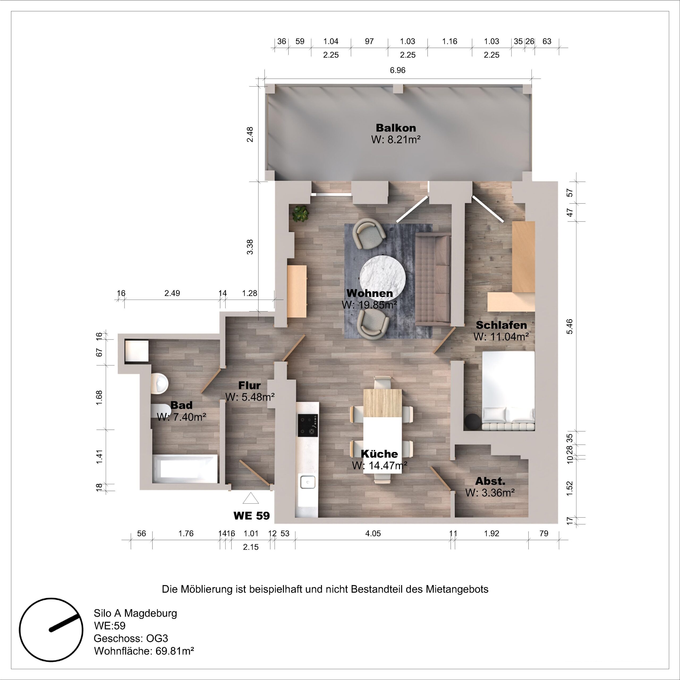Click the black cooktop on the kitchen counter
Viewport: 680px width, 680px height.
pyautogui.click(x=308, y=426)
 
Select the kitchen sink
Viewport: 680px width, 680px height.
pyautogui.click(x=308, y=482)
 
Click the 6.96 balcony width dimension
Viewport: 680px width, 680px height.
pyautogui.click(x=397, y=70)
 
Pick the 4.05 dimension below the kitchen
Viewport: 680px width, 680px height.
pyautogui.click(x=373, y=533)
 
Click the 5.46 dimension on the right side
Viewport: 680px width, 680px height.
pyautogui.click(x=569, y=326)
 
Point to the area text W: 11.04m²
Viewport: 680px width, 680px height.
pyautogui.click(x=501, y=337)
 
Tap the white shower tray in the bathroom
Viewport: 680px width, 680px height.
pyautogui.click(x=136, y=351)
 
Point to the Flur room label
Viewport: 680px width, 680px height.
pyautogui.click(x=249, y=385)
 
